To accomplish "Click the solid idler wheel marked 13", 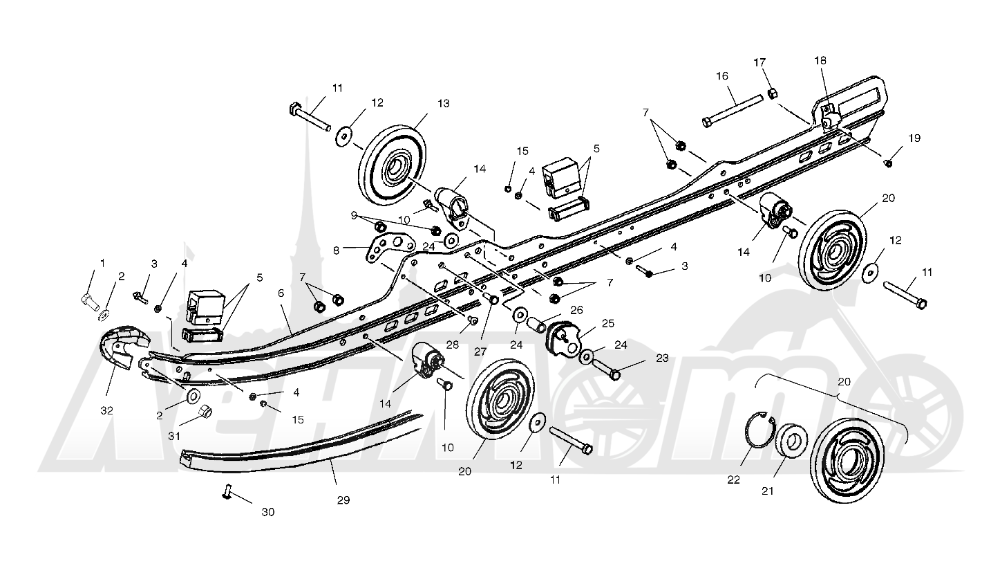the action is pos(393,165).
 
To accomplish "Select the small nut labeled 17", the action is pos(773,93).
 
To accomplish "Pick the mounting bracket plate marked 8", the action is pos(390,247).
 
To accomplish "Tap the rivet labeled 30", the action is pos(227,491).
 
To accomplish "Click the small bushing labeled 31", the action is pos(205,412).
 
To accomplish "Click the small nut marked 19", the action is pos(887,163).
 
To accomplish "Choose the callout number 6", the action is pos(281,293).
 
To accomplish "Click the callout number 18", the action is pos(820,60).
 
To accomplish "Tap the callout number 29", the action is pos(343,500).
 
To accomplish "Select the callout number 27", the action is pos(480,352).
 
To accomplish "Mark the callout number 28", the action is pos(452,345).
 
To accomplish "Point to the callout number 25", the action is pos(608,323).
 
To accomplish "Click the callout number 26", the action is pos(576,310).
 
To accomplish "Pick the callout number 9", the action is pos(354,215).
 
